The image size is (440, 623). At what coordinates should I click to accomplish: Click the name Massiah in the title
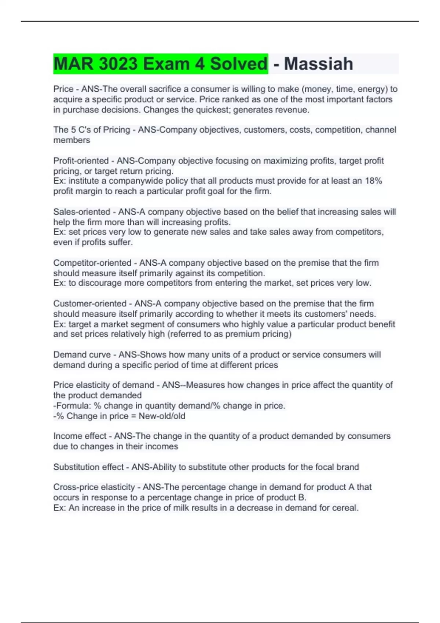[318, 64]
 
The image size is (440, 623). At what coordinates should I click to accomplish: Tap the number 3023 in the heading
[118, 64]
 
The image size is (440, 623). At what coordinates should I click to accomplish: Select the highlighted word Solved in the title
[239, 64]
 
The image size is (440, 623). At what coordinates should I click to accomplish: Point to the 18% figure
[373, 181]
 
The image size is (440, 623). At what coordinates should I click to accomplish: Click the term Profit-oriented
[81, 161]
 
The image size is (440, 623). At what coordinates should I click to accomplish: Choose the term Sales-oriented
[81, 212]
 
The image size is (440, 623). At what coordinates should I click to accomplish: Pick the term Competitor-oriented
[92, 263]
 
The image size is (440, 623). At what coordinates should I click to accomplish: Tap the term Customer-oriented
[89, 303]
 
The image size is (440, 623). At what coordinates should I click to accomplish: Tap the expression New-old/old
[162, 416]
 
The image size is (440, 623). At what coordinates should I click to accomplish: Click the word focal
[323, 467]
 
